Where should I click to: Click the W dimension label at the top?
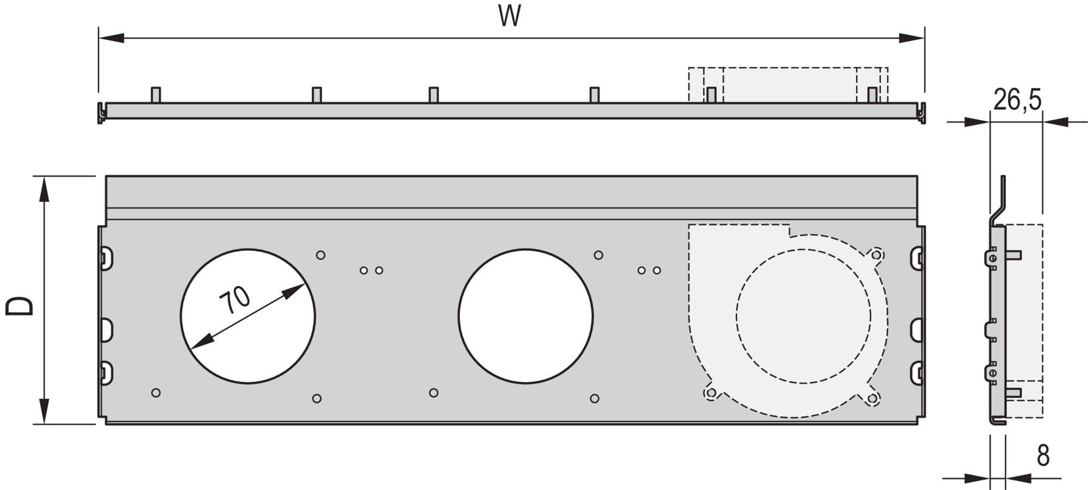[510, 16]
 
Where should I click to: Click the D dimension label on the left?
[20, 306]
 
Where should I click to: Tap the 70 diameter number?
[235, 300]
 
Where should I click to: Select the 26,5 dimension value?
[1017, 100]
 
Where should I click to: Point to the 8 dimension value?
[1043, 456]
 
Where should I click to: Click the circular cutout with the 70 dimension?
[248, 317]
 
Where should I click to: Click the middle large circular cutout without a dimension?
[526, 317]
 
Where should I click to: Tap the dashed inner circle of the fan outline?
[803, 316]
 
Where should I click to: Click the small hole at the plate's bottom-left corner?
[156, 393]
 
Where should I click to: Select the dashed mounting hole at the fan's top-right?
[877, 255]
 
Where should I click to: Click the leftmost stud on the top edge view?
[155, 95]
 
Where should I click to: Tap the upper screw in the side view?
[993, 258]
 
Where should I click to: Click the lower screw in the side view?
[993, 373]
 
